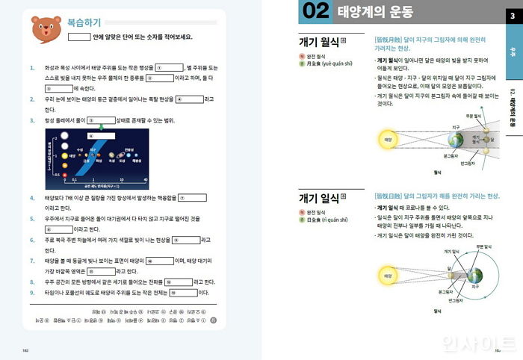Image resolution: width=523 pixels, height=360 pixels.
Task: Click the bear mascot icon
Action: tap(41, 28)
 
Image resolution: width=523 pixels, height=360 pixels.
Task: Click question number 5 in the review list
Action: tap(32, 219)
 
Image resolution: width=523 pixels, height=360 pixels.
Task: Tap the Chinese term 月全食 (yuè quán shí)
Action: tap(329, 64)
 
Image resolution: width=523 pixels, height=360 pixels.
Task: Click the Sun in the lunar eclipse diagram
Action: tap(388, 140)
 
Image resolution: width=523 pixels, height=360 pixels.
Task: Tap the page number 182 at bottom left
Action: tap(27, 348)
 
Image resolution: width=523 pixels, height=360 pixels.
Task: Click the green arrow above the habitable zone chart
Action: tap(91, 136)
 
